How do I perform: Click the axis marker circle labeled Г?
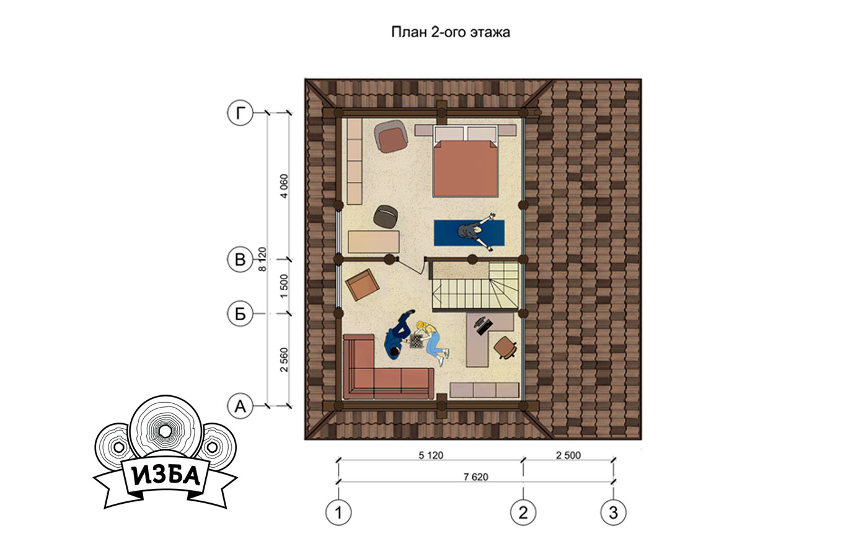tap(240, 112)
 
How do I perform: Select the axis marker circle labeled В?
tap(240, 259)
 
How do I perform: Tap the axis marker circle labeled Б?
tap(240, 313)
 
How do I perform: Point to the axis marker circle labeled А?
tap(240, 406)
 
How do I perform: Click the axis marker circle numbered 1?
tap(338, 512)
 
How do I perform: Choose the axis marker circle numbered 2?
tap(523, 512)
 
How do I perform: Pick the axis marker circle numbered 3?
tap(614, 512)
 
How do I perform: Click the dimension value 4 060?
tap(284, 186)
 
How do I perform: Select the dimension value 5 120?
tap(431, 455)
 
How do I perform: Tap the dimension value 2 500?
tap(568, 455)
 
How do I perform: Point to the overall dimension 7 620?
tap(475, 477)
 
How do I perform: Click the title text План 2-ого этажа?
tap(451, 32)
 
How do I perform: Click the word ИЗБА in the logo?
tap(166, 475)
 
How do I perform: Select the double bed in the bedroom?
tap(466, 161)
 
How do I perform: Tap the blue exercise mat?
tap(469, 233)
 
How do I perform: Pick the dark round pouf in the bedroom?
tap(386, 217)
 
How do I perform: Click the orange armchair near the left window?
tap(362, 285)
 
